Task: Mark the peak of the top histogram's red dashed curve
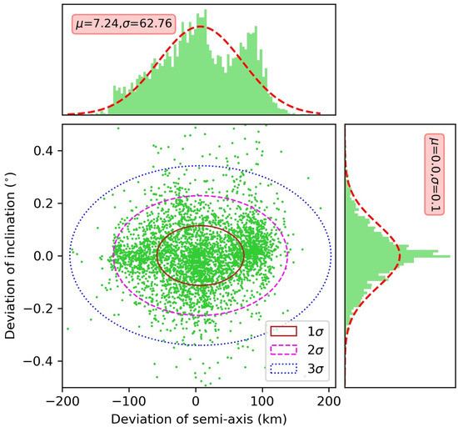[x=200, y=26]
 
